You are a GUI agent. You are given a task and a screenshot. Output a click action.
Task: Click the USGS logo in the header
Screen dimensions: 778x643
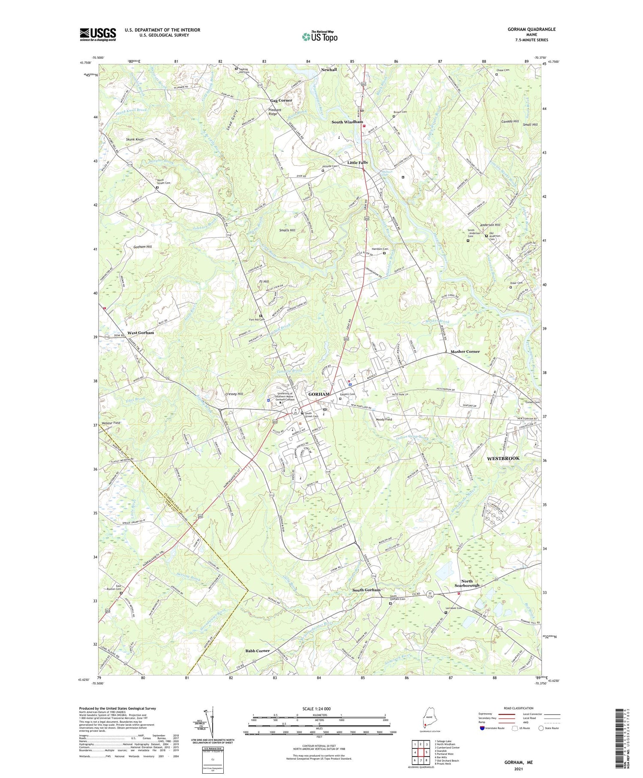click(x=98, y=34)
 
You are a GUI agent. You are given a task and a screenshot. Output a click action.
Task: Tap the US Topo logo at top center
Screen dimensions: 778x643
click(x=320, y=37)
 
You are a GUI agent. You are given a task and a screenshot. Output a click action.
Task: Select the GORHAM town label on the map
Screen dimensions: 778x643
click(x=319, y=394)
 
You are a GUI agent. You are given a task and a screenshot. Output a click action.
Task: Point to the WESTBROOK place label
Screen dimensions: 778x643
click(x=503, y=458)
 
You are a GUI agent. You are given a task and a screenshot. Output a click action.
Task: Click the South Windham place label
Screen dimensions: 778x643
click(x=347, y=122)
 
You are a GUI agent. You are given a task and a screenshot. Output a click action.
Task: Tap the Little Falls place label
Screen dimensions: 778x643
click(x=357, y=163)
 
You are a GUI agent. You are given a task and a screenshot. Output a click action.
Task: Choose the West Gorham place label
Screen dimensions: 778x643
click(x=141, y=333)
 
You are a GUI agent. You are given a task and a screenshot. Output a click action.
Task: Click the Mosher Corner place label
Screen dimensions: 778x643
click(x=465, y=351)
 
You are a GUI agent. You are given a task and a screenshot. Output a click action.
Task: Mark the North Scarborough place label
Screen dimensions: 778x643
click(x=467, y=583)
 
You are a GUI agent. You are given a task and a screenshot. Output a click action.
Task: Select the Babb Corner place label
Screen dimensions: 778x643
click(x=257, y=651)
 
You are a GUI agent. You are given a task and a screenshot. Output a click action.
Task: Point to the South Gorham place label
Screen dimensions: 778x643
click(x=366, y=590)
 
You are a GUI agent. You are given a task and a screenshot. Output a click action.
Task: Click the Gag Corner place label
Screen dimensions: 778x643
click(x=281, y=100)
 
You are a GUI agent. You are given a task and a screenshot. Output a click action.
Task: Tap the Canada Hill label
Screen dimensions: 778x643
click(x=510, y=121)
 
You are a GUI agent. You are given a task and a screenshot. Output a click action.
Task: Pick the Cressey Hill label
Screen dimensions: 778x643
click(x=234, y=394)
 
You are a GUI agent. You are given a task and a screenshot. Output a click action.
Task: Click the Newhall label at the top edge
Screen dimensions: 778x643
click(x=329, y=70)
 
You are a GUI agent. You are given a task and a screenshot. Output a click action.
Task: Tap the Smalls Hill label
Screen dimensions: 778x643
click(x=287, y=230)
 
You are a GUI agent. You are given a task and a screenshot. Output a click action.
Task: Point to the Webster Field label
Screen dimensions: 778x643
click(x=111, y=423)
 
